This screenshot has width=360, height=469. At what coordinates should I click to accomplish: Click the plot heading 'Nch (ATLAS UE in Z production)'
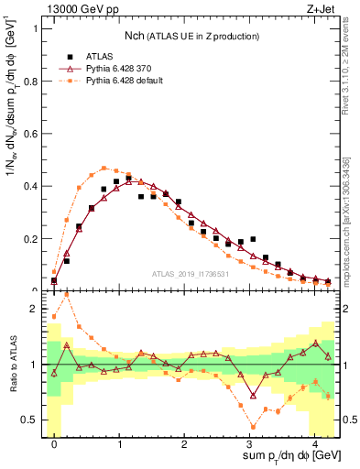tap(191, 36)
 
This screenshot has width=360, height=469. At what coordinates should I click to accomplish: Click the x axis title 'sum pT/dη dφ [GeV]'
tap(283, 457)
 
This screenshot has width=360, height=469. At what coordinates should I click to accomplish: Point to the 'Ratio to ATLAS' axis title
tap(12, 365)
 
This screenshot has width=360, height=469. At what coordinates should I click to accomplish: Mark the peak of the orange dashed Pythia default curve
tap(104, 168)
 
